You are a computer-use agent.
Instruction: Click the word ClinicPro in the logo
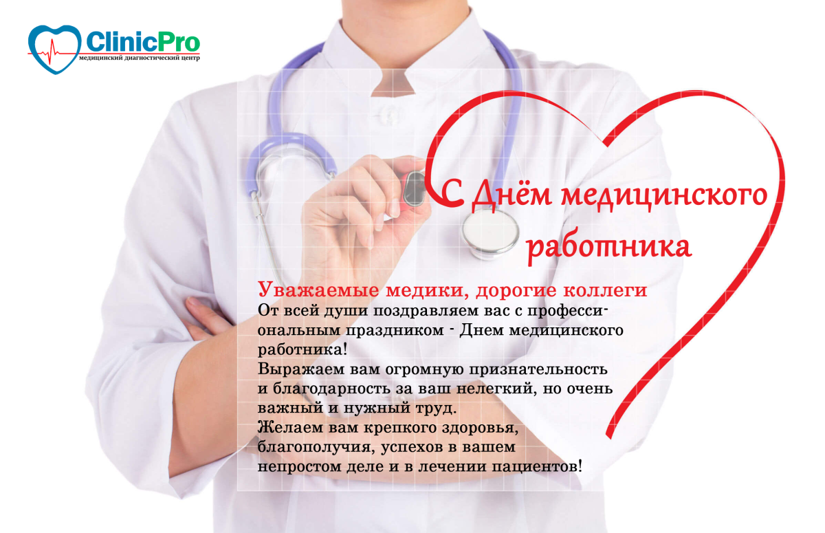point(142,42)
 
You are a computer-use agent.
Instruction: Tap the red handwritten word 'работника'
point(608,247)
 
